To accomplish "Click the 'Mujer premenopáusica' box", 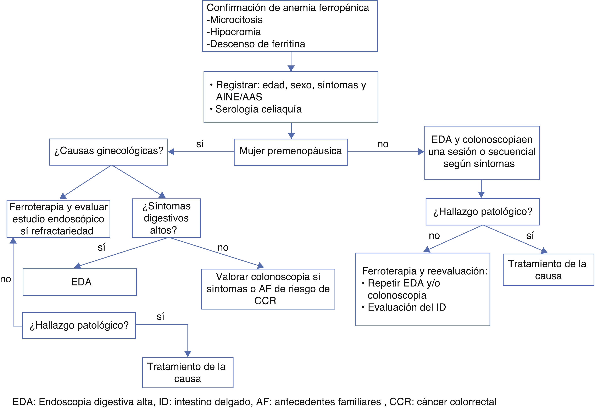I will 290,152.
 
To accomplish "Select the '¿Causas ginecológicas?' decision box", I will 109,152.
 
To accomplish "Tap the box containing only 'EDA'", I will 79,282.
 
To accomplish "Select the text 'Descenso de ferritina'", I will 257,44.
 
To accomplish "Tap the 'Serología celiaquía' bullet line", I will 258,109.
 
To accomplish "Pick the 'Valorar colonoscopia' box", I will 268,289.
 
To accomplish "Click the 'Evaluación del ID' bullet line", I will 406,307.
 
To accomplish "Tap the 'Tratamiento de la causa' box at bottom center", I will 188,373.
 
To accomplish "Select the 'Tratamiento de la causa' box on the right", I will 548,270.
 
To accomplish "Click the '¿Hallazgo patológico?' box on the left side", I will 79,325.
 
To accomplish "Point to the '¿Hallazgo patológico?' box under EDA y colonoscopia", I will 483,212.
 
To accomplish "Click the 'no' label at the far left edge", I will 5,279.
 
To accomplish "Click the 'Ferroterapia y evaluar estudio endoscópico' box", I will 58,219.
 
